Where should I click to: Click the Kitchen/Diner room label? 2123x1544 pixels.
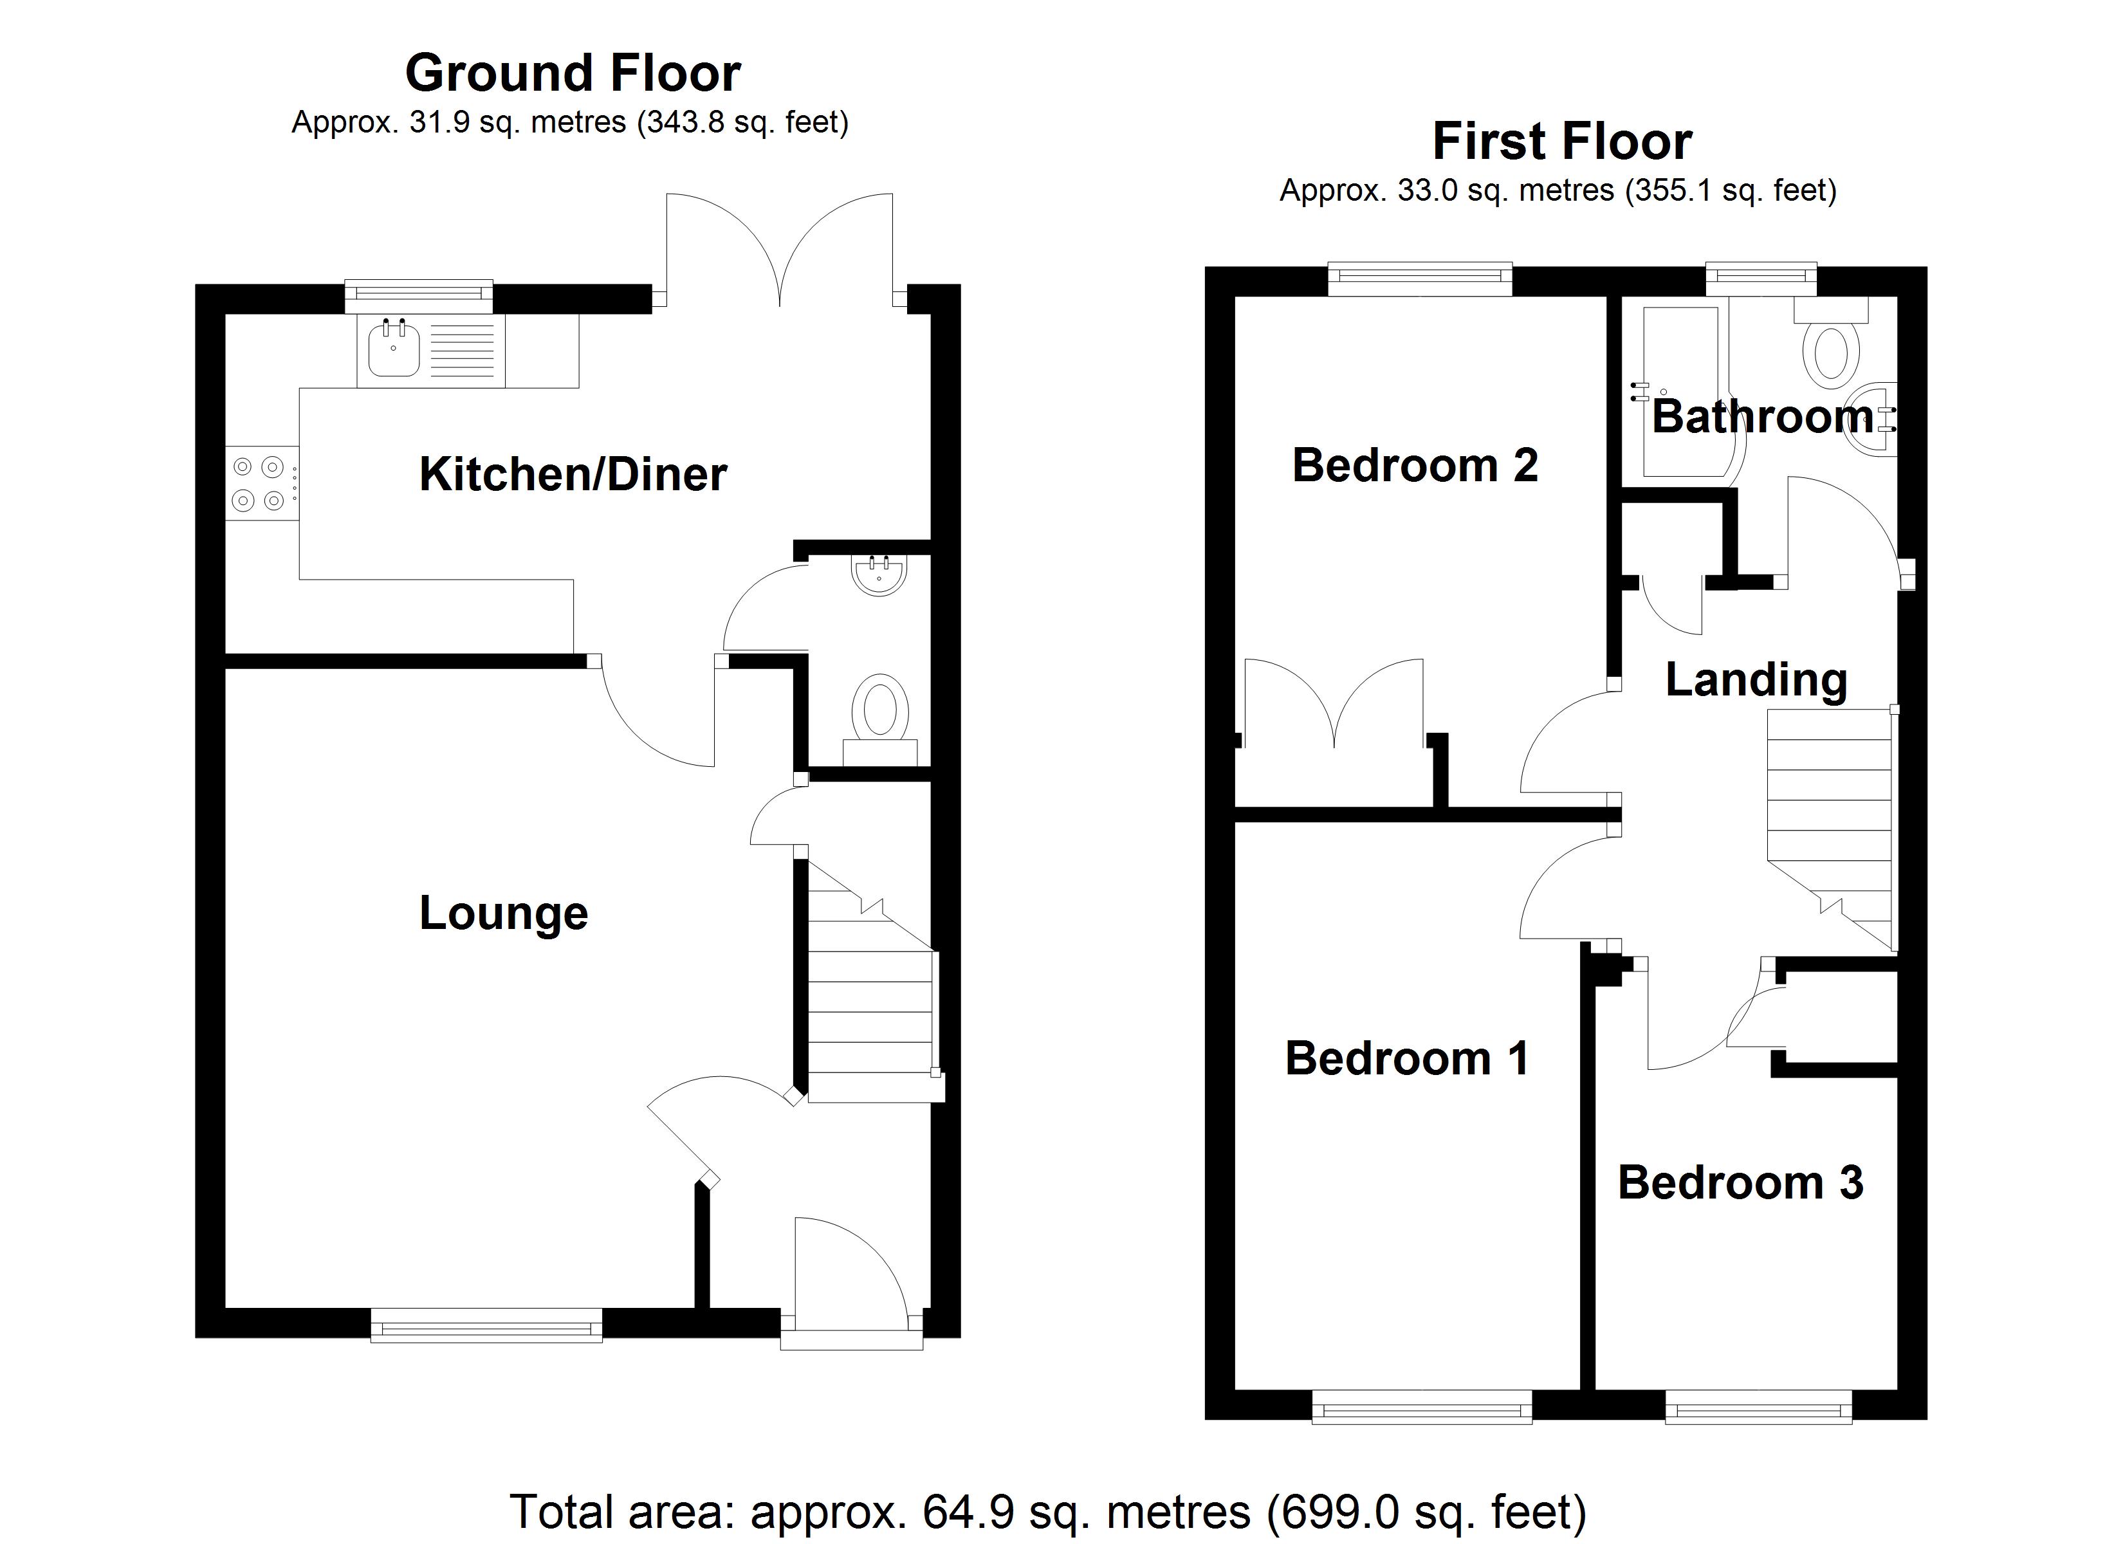[573, 475]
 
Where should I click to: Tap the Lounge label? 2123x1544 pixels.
[504, 913]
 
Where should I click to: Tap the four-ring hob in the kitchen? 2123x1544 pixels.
[259, 483]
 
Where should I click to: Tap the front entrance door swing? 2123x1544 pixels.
[847, 1273]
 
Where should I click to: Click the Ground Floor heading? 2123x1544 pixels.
[573, 73]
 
